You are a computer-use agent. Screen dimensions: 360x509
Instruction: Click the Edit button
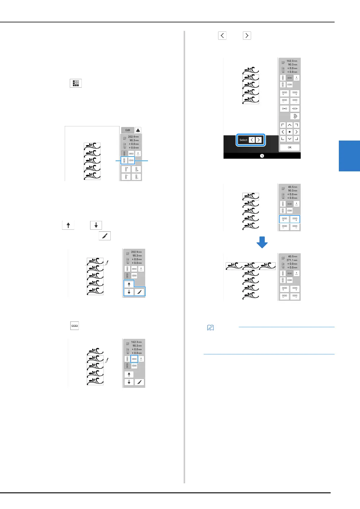tap(128, 130)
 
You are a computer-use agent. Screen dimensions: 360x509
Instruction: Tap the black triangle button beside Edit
tap(138, 130)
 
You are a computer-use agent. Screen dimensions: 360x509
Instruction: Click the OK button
tap(290, 148)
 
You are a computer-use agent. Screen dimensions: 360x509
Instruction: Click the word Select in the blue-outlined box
tap(243, 140)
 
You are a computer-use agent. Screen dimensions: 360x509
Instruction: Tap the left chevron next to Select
tap(252, 140)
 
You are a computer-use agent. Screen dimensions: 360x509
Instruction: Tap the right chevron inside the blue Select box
tap(259, 140)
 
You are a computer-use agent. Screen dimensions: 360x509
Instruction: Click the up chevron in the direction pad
tap(290, 125)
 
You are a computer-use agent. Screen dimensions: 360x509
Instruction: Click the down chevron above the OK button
tap(290, 139)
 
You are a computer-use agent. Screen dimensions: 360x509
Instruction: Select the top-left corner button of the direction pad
tap(283, 125)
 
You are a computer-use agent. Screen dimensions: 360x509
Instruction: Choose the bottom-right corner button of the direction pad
tap(296, 139)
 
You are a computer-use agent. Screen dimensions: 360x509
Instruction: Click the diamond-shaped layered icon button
tap(295, 116)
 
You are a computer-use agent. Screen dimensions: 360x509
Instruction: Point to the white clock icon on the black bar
tap(262, 156)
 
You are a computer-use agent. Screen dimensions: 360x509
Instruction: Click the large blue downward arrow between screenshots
tap(262, 242)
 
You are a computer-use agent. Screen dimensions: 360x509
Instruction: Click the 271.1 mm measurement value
tap(292, 260)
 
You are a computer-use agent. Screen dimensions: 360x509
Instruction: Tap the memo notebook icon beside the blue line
tap(210, 328)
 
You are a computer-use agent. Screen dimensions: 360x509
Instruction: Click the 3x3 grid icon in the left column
tap(76, 83)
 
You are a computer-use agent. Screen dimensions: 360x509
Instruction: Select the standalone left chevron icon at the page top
tap(222, 36)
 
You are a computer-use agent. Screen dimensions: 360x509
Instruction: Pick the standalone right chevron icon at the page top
tap(247, 36)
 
